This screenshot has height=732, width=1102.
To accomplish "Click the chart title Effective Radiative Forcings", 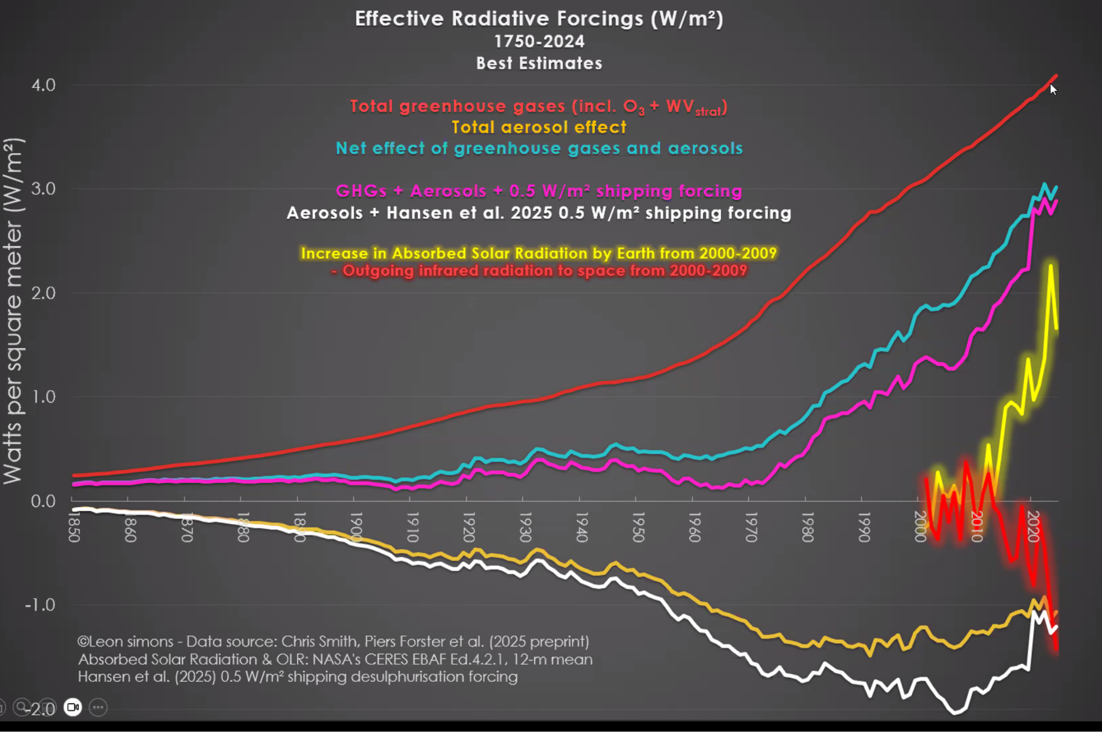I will tap(539, 19).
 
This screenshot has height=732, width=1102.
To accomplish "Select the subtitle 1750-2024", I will tap(539, 41).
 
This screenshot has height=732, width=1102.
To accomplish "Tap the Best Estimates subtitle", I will tap(539, 63).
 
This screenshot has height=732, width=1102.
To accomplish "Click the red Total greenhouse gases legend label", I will tap(539, 107).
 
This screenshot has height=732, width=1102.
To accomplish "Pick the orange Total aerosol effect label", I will tap(539, 127).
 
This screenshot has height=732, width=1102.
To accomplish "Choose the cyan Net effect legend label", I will tap(539, 148).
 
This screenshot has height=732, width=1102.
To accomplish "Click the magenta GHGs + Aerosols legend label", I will tap(539, 191).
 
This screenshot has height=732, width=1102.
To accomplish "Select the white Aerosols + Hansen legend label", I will tap(539, 213).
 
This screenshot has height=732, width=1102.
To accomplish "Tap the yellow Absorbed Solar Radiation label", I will tap(539, 253).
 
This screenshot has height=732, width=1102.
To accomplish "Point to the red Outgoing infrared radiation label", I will tap(539, 271).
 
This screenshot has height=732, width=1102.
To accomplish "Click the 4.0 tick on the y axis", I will tap(44, 85).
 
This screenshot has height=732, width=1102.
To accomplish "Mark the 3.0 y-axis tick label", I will tap(44, 189).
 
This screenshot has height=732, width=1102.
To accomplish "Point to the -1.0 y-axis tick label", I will tap(40, 605).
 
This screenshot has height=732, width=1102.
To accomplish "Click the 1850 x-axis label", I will tap(74, 527).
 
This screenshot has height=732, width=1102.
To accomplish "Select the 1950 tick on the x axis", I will tap(638, 527).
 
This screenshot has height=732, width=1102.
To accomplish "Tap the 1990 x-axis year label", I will tap(864, 527).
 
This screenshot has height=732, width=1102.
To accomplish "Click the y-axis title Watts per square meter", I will tap(13, 311).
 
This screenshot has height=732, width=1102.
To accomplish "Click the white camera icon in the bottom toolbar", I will tap(73, 707).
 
